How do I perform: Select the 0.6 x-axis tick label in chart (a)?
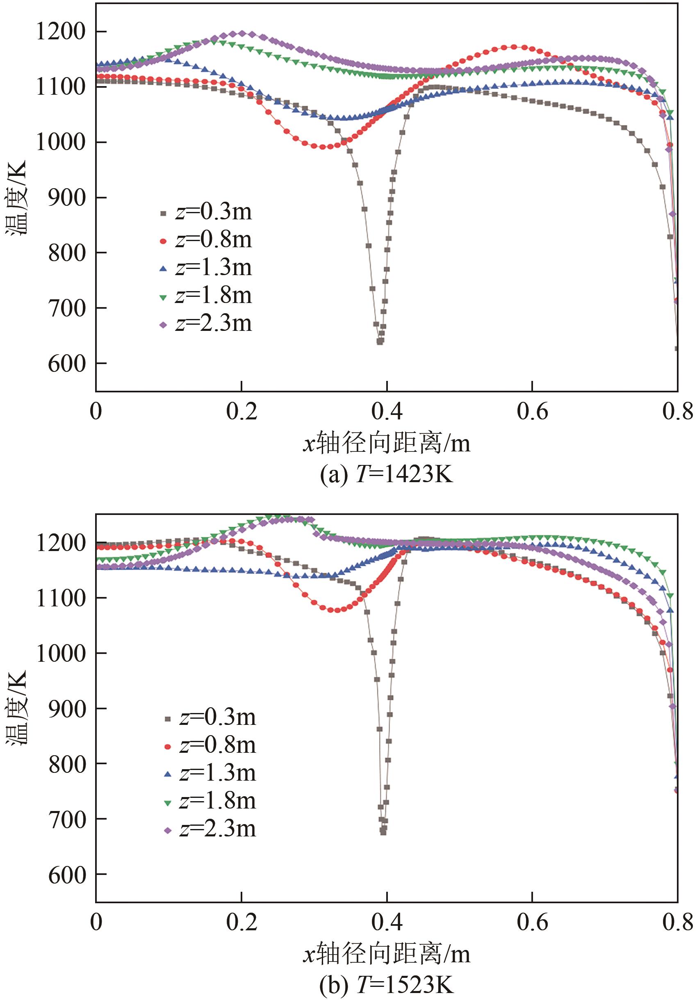click(532, 411)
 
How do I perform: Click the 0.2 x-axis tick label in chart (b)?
click(241, 923)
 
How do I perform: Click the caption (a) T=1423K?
click(386, 474)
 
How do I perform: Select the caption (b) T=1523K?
click(386, 985)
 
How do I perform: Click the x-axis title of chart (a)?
click(386, 444)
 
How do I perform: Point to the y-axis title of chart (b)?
click(16, 708)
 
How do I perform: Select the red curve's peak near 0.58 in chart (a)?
click(514, 47)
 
